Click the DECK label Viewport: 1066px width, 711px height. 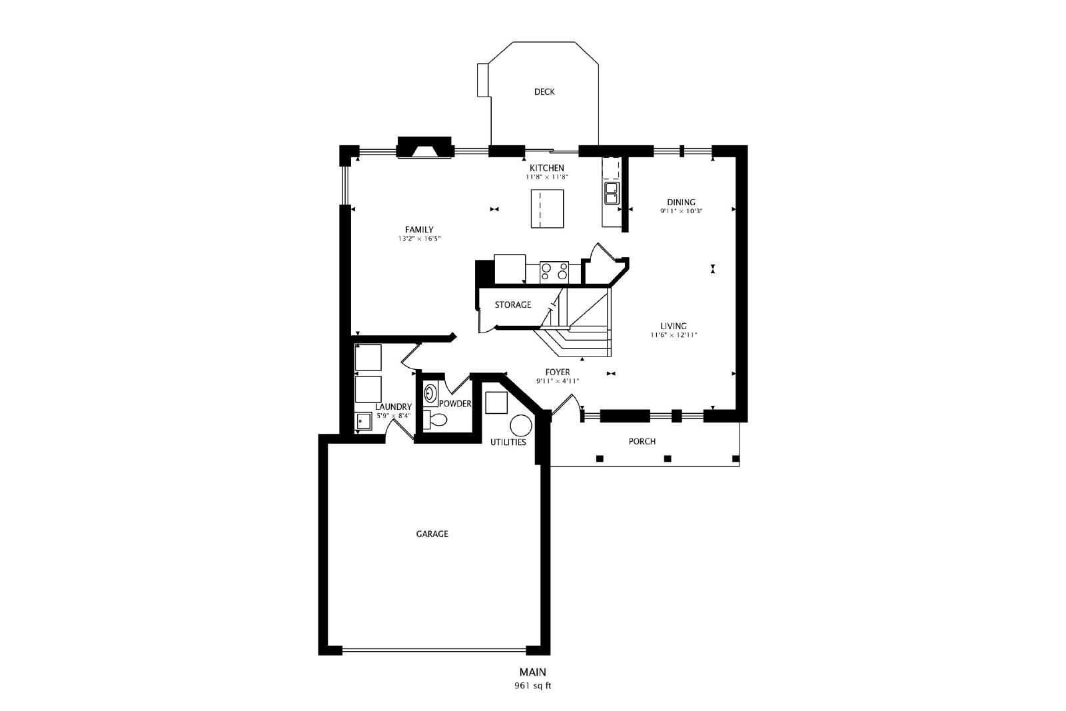point(544,92)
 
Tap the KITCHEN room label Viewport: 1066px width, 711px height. point(547,168)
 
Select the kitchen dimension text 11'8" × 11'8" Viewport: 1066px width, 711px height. point(547,177)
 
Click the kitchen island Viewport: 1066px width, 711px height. point(547,209)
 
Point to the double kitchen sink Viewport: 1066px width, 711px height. point(612,193)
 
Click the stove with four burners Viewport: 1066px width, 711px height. point(554,273)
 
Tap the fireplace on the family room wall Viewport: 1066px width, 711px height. point(424,147)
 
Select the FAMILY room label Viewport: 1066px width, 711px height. point(419,230)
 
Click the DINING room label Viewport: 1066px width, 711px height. point(681,203)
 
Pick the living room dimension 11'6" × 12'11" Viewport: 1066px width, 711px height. point(674,335)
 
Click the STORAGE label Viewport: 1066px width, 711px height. point(512,305)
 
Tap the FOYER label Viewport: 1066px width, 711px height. point(557,372)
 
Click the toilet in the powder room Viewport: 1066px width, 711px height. point(435,420)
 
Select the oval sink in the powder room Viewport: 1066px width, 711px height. point(430,394)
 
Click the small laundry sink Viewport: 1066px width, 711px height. point(363,421)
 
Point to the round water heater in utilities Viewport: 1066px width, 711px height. point(520,425)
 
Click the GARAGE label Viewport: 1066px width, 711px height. point(432,534)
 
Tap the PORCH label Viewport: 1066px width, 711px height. point(642,442)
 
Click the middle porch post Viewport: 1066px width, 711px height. point(668,458)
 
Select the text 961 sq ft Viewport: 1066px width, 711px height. point(532,686)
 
